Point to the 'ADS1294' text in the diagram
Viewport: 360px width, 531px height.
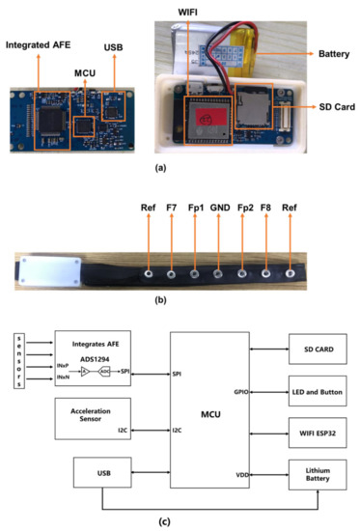click(x=89, y=354)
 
